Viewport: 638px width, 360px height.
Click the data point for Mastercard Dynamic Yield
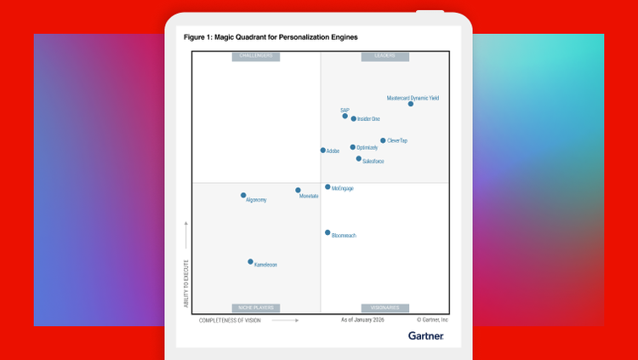click(411, 104)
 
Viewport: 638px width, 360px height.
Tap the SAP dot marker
click(345, 116)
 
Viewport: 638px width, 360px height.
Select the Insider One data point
click(354, 118)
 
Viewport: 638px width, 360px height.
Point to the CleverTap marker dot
click(383, 140)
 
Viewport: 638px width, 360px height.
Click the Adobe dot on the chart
click(323, 151)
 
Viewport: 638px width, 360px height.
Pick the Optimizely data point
click(353, 147)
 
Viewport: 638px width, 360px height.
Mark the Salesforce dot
click(359, 158)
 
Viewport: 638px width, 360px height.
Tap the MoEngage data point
click(328, 187)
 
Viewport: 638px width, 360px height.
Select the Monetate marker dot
click(298, 190)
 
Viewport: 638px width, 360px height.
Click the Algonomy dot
click(243, 196)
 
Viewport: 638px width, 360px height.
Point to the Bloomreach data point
click(328, 232)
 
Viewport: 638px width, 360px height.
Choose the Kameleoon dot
click(250, 262)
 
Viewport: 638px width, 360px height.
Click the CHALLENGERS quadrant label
click(256, 56)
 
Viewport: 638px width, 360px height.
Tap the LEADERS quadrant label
click(385, 56)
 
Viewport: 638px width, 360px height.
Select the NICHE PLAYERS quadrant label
click(256, 307)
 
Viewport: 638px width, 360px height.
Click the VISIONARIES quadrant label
click(385, 307)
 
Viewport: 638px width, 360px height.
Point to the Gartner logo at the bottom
click(425, 336)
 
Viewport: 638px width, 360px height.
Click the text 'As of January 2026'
click(362, 320)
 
